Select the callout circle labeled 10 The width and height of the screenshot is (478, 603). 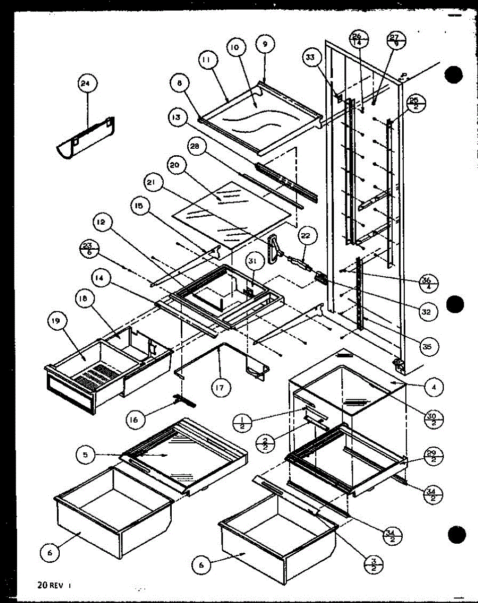point(235,48)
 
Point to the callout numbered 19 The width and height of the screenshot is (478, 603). point(55,321)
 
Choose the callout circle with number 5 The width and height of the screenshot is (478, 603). point(86,455)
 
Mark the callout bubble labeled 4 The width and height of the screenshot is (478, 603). point(432,387)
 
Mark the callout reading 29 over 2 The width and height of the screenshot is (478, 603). point(430,456)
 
